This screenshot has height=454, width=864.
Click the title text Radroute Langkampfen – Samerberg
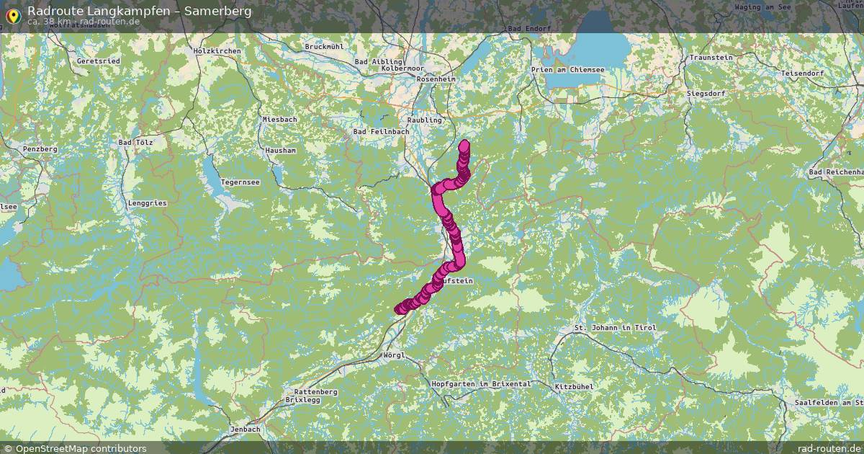[140, 11]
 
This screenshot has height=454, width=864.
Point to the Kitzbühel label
[574, 388]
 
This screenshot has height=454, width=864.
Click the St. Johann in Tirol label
[615, 328]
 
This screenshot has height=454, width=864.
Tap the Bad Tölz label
[135, 143]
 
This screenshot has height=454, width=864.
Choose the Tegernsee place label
[240, 182]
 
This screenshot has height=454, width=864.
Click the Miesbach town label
[280, 119]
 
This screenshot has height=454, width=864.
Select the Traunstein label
[711, 58]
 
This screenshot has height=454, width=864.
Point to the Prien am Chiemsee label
[568, 70]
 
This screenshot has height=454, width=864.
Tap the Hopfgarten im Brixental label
[481, 384]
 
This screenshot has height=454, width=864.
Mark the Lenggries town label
[147, 203]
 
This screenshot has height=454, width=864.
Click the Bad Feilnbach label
[381, 132]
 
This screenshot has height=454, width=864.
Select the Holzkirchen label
[217, 51]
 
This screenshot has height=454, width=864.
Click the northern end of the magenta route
[464, 145]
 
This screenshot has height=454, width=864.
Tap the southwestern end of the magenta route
[400, 309]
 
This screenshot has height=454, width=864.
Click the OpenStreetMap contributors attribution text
[81, 448]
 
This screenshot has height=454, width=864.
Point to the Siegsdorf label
[706, 94]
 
